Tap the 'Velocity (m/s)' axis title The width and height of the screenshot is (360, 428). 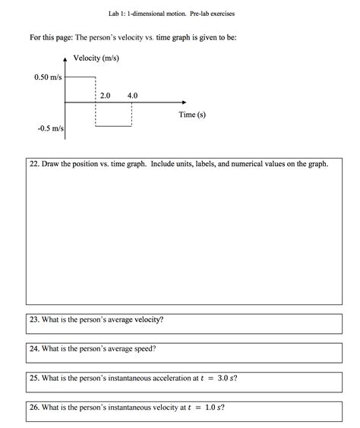101,59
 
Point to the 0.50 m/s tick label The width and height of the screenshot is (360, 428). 49,77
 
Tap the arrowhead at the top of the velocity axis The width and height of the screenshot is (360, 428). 65,60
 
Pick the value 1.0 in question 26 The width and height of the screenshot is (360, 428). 212,407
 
